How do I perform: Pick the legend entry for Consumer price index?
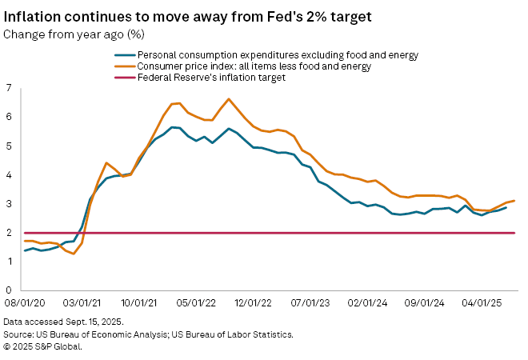254,66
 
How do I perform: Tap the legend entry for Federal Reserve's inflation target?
211,78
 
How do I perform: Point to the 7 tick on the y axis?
10,88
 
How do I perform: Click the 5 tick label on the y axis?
10,146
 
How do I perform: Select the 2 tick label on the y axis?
10,233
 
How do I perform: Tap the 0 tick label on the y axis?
10,290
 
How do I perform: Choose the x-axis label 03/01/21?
82,304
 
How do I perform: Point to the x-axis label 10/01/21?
138,304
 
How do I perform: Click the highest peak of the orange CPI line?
229,99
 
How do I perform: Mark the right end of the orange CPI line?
514,201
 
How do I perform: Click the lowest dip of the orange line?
74,254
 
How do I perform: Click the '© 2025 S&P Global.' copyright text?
42,346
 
